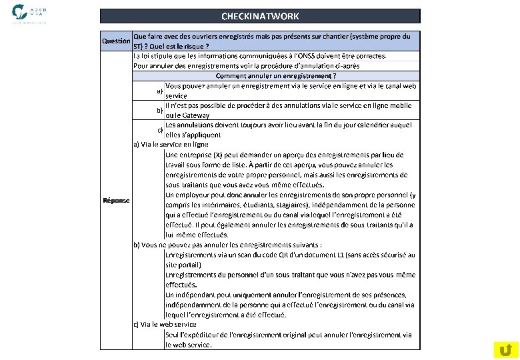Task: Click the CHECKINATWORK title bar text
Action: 260,16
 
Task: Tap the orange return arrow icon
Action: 505,349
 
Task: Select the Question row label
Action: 115,41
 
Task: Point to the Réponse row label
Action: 116,201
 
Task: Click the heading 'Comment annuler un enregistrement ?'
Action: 276,76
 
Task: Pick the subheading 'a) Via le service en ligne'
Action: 171,144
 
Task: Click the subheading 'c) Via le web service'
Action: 165,325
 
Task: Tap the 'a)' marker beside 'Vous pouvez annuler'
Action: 159,91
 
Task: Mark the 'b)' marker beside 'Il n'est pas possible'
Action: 159,110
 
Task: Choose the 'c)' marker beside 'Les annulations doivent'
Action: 159,129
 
